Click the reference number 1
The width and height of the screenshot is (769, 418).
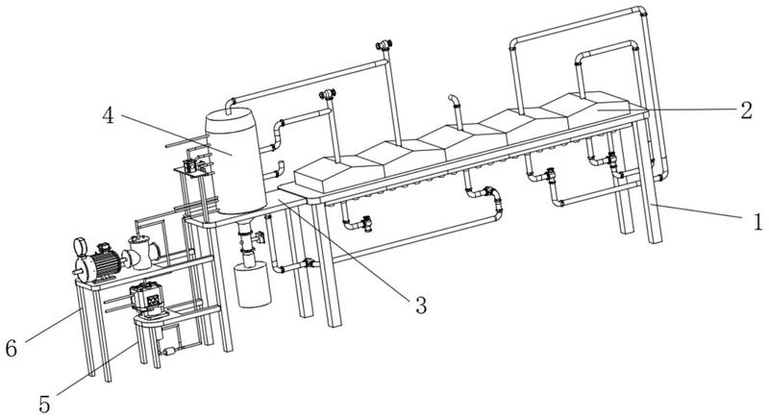[x=757, y=222]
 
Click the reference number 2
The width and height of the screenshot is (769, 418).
[x=745, y=108]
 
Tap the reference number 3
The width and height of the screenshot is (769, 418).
[x=420, y=306]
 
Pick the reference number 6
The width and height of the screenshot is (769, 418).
[x=11, y=348]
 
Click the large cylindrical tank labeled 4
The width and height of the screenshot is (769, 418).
[x=236, y=159]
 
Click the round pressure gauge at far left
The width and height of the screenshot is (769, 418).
[x=79, y=247]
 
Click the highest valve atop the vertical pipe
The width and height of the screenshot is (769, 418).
[x=384, y=44]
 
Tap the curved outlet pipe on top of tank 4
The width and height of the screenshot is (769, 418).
[x=231, y=103]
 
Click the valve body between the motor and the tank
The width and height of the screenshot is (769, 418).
[x=143, y=252]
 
